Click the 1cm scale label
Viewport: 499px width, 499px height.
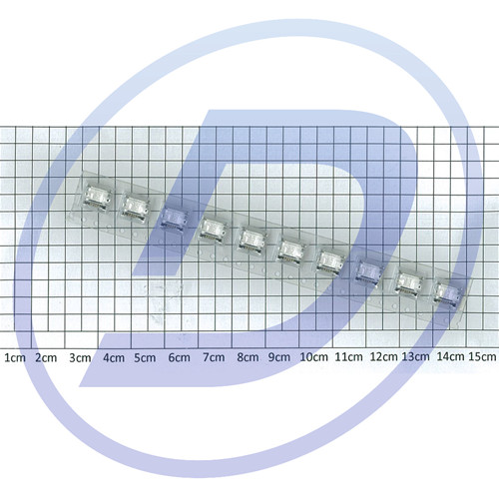[15, 358]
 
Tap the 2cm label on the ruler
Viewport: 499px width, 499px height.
[46, 358]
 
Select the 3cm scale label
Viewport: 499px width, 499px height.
[80, 358]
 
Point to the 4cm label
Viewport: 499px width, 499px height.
[114, 358]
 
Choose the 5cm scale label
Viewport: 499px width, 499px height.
[145, 358]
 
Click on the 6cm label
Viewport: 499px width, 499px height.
[180, 358]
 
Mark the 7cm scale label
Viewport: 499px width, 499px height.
[214, 358]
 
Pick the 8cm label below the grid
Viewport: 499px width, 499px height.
[248, 357]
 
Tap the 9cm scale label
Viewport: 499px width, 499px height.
[279, 357]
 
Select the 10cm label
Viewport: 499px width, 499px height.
[314, 357]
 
